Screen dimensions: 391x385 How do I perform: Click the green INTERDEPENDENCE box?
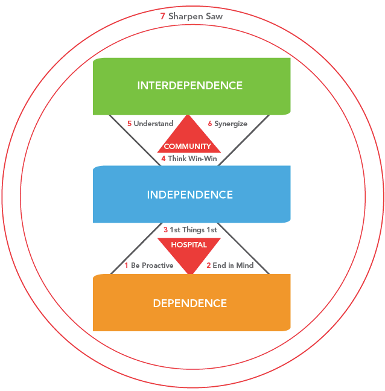pos(191,86)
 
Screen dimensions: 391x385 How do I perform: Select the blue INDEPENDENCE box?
pos(191,194)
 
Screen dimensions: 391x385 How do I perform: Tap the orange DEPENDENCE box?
pos(191,303)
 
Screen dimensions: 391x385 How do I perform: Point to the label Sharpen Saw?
pos(196,16)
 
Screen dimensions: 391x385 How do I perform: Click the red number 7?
pos(162,16)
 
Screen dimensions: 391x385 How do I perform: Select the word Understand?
pos(153,124)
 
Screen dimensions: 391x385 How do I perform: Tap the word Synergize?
pos(231,124)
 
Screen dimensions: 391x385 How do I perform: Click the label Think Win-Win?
pos(192,159)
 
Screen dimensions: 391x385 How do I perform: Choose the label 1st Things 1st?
pos(194,229)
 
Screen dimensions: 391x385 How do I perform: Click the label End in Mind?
pos(233,265)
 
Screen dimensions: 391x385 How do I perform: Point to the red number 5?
pos(129,124)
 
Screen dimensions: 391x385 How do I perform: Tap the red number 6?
pos(209,124)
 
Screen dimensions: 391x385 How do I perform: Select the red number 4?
pos(163,159)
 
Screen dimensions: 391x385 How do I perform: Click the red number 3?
pos(165,229)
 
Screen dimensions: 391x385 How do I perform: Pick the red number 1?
pos(127,265)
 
